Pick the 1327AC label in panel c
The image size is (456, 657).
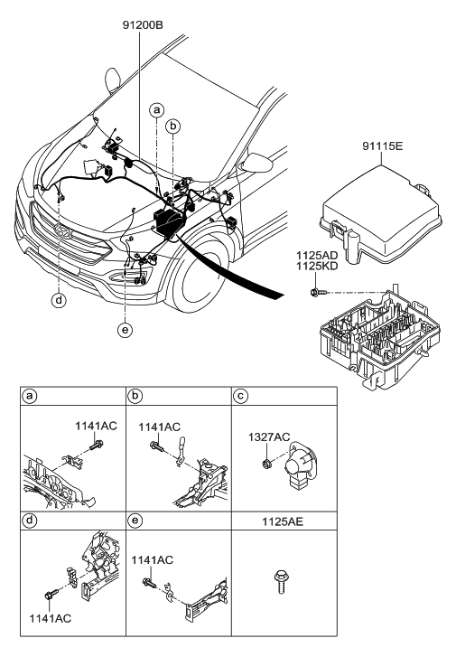point(269,437)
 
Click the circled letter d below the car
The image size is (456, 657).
point(59,299)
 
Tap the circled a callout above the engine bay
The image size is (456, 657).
point(157,110)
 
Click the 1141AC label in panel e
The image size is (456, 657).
point(151,561)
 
